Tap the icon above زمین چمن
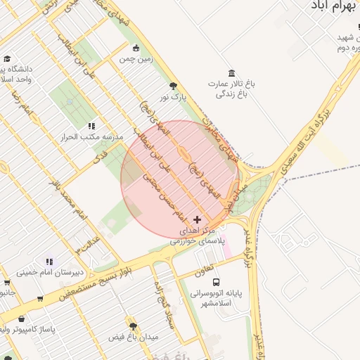click(x=136, y=49)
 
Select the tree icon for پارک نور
click(x=173, y=86)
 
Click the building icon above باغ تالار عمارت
click(x=231, y=73)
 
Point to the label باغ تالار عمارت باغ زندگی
click(x=231, y=88)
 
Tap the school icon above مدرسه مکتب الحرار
click(x=91, y=126)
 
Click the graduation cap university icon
click(x=7, y=59)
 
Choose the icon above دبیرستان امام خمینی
click(x=49, y=262)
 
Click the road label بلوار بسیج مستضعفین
click(x=91, y=281)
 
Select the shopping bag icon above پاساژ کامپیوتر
click(x=21, y=319)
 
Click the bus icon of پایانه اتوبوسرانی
click(x=215, y=283)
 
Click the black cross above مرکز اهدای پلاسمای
click(x=196, y=220)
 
